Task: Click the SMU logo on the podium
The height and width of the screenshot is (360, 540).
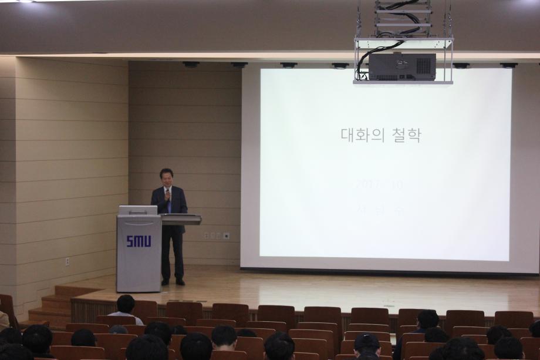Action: tap(139, 241)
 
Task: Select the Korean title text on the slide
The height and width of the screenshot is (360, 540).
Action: tap(381, 135)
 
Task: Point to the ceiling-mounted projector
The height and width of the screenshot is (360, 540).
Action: tap(402, 66)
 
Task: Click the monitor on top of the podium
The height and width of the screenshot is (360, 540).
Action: tap(138, 210)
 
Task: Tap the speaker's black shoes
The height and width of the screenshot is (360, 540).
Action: tap(173, 282)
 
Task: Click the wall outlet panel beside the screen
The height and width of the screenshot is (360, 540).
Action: tap(216, 235)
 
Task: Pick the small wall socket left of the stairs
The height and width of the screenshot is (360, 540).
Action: tap(67, 261)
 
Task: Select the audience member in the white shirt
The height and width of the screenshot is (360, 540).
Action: tap(125, 310)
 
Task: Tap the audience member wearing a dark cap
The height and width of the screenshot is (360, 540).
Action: tap(367, 344)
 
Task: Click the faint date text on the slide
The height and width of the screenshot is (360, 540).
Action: tap(379, 184)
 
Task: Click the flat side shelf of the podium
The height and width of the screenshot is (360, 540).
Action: tap(181, 219)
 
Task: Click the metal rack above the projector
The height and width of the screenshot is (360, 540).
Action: tap(403, 18)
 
